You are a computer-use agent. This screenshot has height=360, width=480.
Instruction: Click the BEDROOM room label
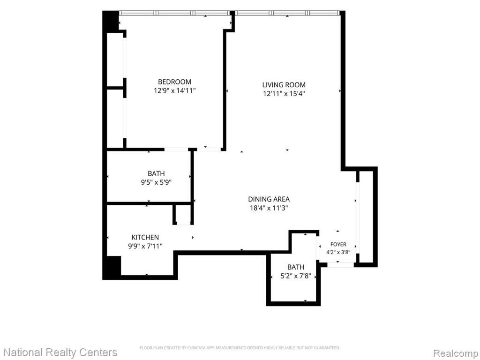pyautogui.click(x=174, y=82)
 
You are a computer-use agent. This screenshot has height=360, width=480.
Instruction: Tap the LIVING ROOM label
pyautogui.click(x=284, y=85)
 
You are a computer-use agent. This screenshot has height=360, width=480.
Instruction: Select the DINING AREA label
pyautogui.click(x=269, y=199)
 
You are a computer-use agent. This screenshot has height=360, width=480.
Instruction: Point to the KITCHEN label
pyautogui.click(x=145, y=237)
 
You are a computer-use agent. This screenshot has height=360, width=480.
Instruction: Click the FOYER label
pyautogui.click(x=338, y=244)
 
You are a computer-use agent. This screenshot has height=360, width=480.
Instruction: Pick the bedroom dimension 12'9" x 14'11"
pyautogui.click(x=174, y=90)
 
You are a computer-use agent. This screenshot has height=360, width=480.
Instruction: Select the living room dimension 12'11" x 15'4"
pyautogui.click(x=284, y=94)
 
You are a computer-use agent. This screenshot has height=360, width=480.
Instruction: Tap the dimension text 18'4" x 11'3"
pyautogui.click(x=269, y=208)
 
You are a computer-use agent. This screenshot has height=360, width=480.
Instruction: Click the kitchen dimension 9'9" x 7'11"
pyautogui.click(x=145, y=246)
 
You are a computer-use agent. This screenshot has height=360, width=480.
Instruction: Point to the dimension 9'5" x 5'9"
pyautogui.click(x=156, y=182)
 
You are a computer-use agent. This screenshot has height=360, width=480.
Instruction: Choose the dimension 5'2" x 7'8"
pyautogui.click(x=296, y=276)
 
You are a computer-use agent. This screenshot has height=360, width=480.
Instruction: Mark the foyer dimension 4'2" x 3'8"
pyautogui.click(x=338, y=253)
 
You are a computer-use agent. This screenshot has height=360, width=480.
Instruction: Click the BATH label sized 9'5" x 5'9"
pyautogui.click(x=156, y=173)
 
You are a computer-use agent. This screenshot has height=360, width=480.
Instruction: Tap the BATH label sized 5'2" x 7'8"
pyautogui.click(x=296, y=267)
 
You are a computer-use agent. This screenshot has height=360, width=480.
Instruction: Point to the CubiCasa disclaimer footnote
pyautogui.click(x=240, y=348)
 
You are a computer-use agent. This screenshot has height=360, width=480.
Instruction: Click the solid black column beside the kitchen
pyautogui.click(x=112, y=268)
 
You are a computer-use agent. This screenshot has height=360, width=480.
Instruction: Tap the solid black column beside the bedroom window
pyautogui.click(x=111, y=21)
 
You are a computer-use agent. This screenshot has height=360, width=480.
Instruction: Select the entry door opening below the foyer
pyautogui.click(x=340, y=264)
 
